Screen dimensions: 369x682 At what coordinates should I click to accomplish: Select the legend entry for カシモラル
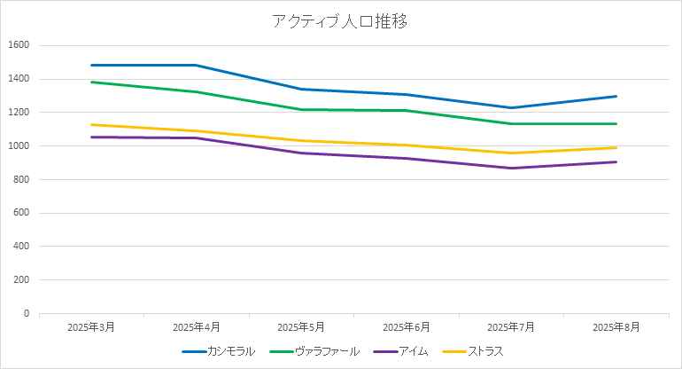click(231, 351)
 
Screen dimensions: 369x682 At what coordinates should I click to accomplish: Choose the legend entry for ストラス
click(485, 351)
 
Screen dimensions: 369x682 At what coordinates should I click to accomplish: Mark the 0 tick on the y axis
click(26, 313)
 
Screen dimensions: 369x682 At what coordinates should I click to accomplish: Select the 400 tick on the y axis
click(21, 247)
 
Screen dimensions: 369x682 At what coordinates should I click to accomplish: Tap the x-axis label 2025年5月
click(301, 327)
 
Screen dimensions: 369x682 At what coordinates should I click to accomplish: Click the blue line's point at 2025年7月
click(511, 108)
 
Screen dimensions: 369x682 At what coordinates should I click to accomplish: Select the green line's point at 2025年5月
click(301, 110)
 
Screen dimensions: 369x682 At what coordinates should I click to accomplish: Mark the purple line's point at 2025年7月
click(511, 168)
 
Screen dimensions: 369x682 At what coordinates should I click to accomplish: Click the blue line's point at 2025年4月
click(197, 65)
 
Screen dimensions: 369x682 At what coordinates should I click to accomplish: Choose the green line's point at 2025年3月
click(92, 82)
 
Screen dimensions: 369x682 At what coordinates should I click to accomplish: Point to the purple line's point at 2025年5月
click(301, 153)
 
